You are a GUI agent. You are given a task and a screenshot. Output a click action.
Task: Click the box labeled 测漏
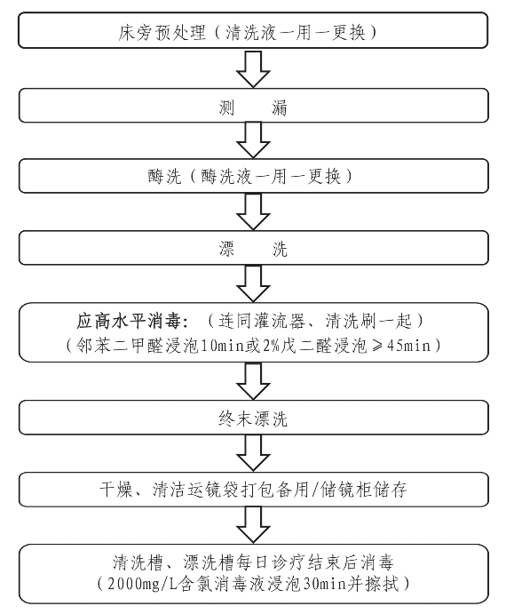coord(254,106)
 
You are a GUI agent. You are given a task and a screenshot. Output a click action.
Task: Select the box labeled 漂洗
coord(254,248)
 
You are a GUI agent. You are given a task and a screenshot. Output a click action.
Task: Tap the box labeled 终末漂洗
coord(254,418)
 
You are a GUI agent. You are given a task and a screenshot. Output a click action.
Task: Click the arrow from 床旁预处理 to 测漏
coord(253,69)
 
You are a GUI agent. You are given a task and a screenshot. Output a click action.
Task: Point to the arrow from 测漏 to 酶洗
coord(253,140)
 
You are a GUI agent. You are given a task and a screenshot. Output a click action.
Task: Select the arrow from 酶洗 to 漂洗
coord(253,211)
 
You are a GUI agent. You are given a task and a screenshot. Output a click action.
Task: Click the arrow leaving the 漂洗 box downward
coord(253,283)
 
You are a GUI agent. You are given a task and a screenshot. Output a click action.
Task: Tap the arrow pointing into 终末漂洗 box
coord(253,381)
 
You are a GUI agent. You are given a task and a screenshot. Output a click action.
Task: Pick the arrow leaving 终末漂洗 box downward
coord(253,453)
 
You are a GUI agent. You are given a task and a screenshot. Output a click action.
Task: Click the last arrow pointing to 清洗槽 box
coord(253,525)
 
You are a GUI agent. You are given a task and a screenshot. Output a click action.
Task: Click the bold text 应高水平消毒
coord(129,321)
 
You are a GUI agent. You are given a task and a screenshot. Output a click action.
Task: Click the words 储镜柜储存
coord(364,490)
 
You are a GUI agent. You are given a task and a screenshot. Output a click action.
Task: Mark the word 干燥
coord(116,490)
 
